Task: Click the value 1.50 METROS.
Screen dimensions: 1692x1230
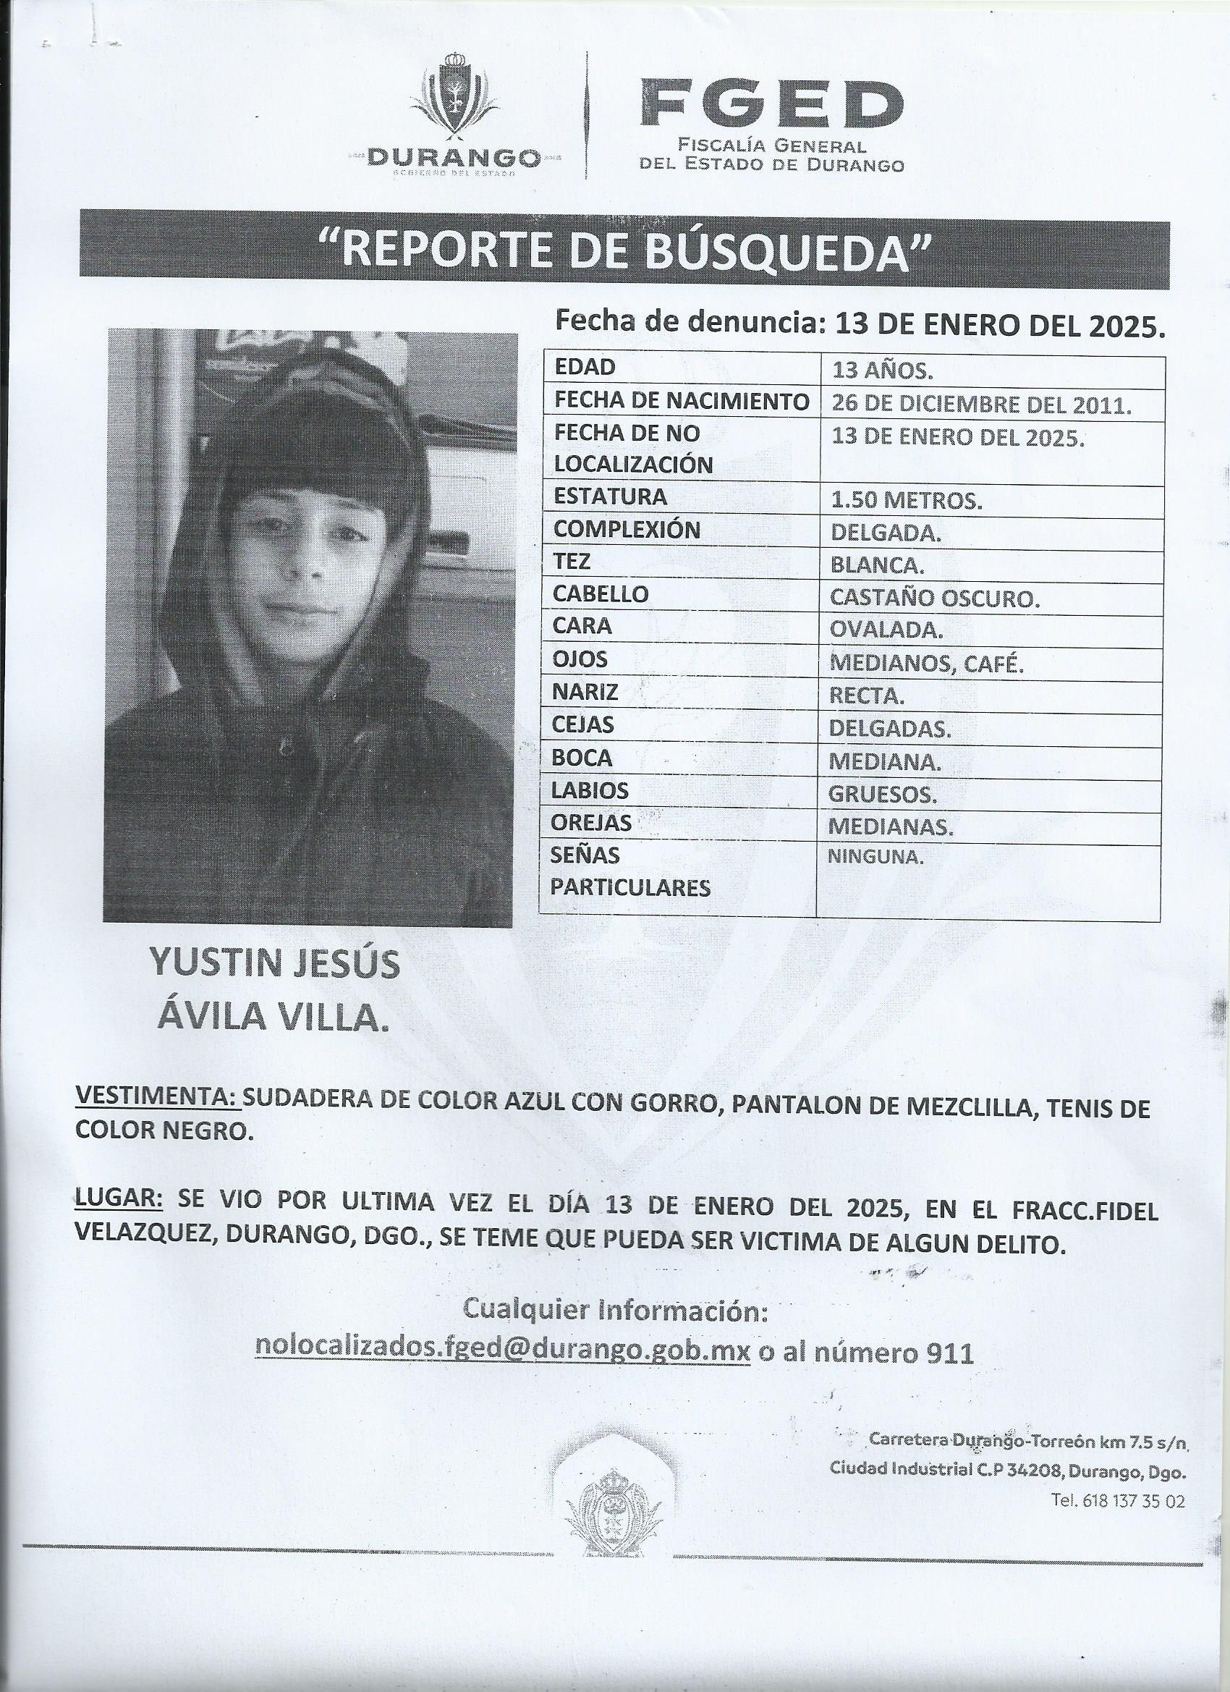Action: (x=907, y=502)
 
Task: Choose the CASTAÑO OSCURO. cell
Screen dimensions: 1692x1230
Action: (x=936, y=598)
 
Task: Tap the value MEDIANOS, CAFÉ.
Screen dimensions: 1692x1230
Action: (x=926, y=662)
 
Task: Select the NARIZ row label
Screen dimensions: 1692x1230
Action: (x=585, y=693)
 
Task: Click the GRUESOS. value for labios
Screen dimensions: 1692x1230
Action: (x=883, y=795)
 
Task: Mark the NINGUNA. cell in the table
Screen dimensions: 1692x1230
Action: (x=875, y=857)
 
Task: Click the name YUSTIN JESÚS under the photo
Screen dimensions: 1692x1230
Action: (x=274, y=963)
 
